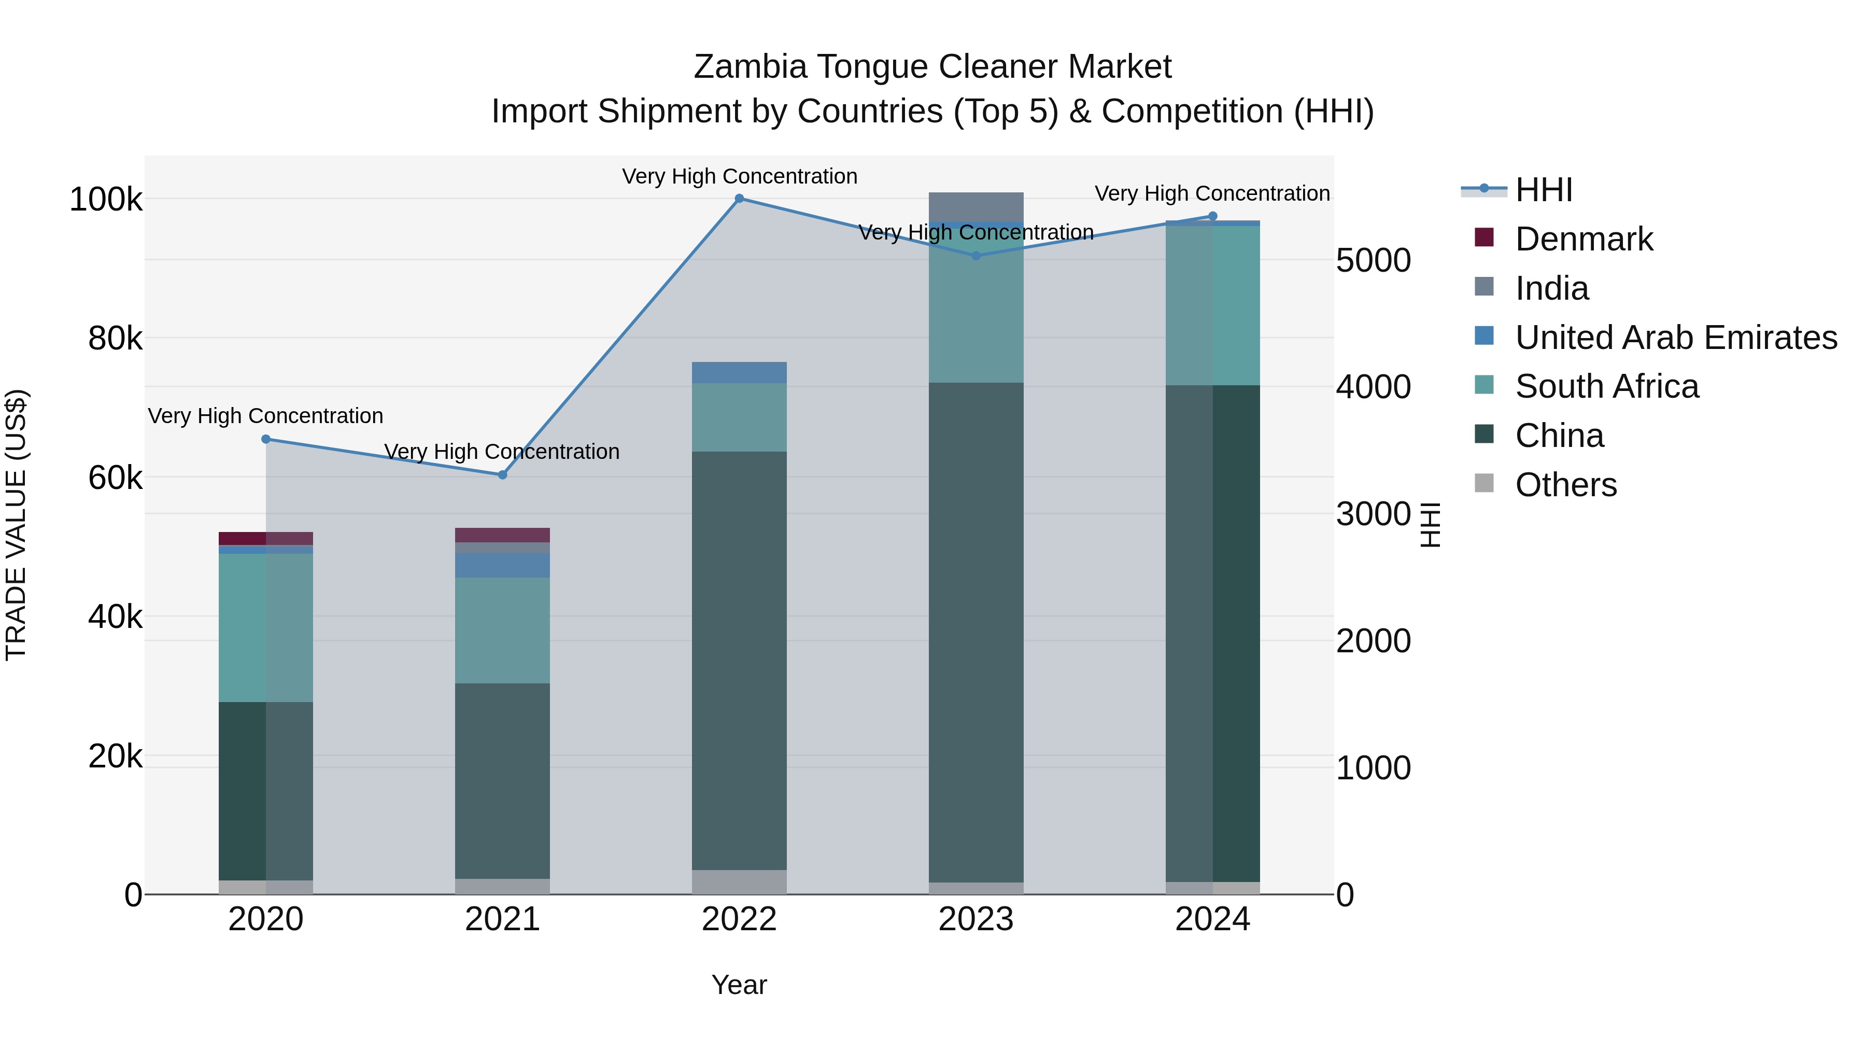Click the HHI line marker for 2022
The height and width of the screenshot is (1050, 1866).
coord(739,198)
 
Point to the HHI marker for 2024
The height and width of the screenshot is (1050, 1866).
coord(1212,216)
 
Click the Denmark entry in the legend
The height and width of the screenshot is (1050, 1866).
coord(1584,239)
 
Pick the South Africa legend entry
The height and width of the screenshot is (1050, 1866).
coord(1606,386)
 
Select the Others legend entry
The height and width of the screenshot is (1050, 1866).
coord(1565,485)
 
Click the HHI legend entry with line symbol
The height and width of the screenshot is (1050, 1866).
coord(1543,190)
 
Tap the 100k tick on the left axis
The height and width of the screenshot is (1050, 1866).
coord(106,199)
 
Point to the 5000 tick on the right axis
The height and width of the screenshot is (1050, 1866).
coord(1373,260)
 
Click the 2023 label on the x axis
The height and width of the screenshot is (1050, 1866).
coord(975,919)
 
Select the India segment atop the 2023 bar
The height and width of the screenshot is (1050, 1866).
coord(976,206)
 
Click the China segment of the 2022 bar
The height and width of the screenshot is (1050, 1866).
coord(739,660)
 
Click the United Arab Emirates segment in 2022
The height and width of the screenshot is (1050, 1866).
coord(739,372)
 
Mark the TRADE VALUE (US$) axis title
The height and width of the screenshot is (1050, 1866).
coord(16,525)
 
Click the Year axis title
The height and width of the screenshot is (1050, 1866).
coord(739,985)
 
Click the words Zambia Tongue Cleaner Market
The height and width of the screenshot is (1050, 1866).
coord(932,67)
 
